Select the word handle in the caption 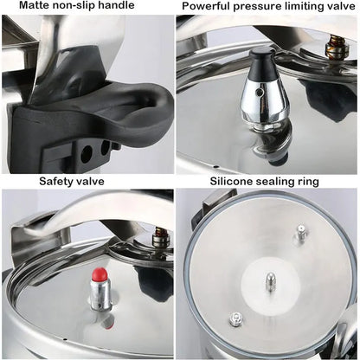[x=118, y=7]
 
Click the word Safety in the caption [x=57, y=182]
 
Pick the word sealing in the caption [x=281, y=182]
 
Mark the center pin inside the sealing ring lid [x=270, y=282]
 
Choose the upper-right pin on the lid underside [x=300, y=233]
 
